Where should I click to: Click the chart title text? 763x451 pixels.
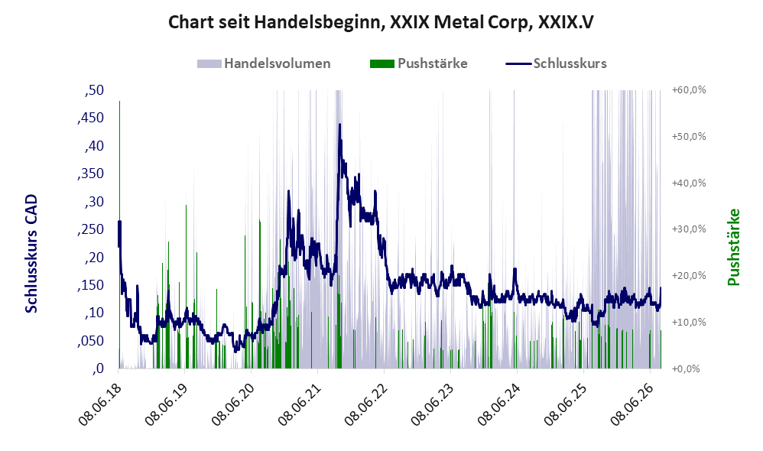click(x=381, y=22)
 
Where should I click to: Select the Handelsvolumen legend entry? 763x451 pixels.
click(x=264, y=63)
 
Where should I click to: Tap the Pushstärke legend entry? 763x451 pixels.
click(x=418, y=63)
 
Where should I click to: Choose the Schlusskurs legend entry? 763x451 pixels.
click(x=556, y=63)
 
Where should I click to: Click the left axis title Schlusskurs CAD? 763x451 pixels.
click(x=31, y=254)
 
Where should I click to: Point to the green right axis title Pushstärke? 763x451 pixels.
click(x=733, y=247)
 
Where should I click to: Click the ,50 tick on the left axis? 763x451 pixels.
click(x=94, y=90)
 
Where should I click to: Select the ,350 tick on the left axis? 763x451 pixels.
click(x=91, y=174)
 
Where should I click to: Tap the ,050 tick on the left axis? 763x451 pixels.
click(x=91, y=341)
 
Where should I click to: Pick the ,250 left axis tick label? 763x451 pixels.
click(x=91, y=229)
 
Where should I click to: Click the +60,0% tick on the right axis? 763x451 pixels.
click(x=689, y=90)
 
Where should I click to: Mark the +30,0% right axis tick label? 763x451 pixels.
click(x=689, y=229)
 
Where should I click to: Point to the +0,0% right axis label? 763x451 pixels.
click(x=686, y=368)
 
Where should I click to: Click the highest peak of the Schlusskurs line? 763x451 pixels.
click(x=339, y=125)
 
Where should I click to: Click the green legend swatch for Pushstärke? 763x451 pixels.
click(x=382, y=63)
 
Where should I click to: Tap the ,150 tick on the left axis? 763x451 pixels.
click(x=91, y=285)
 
